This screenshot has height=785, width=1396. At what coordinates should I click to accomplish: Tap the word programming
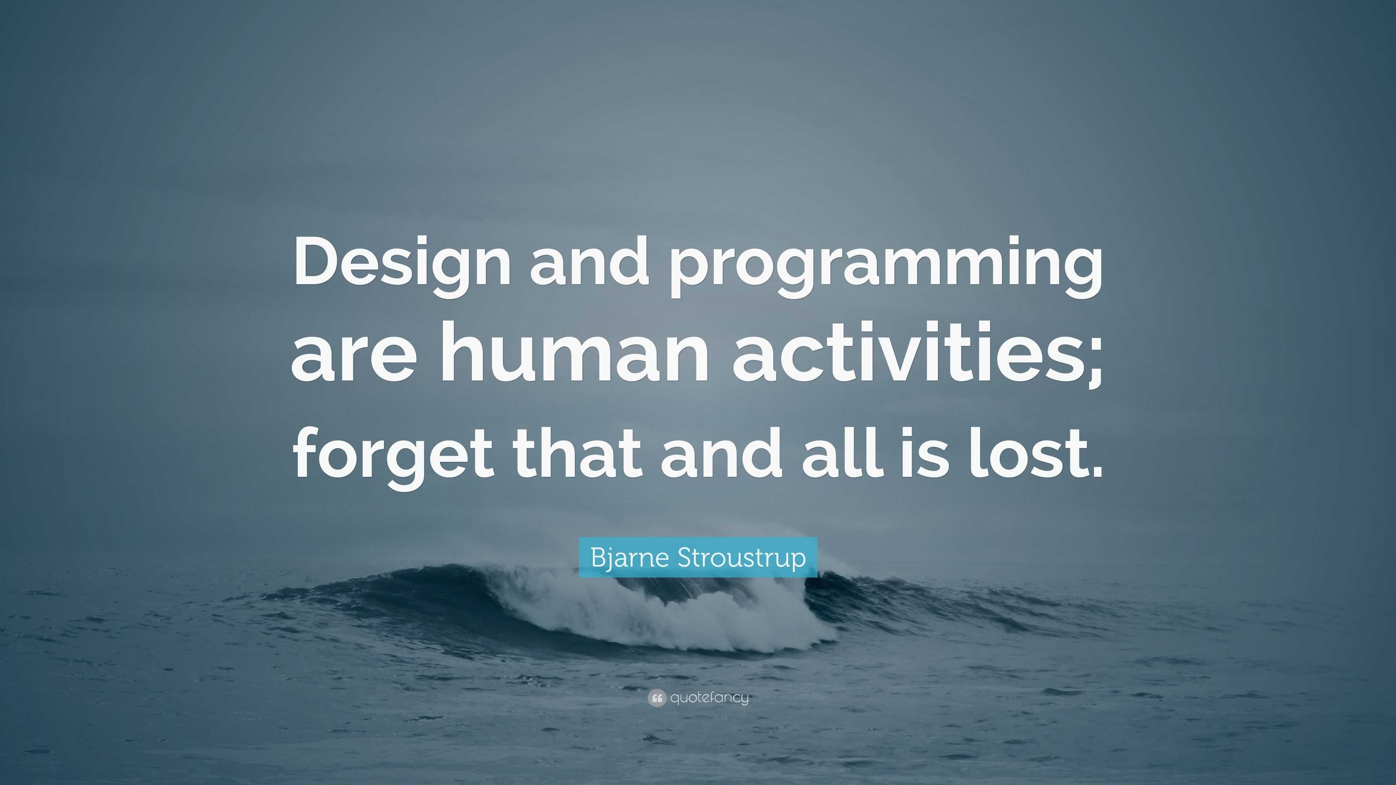886,265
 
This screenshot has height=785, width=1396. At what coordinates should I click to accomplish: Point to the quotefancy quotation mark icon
656,698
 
